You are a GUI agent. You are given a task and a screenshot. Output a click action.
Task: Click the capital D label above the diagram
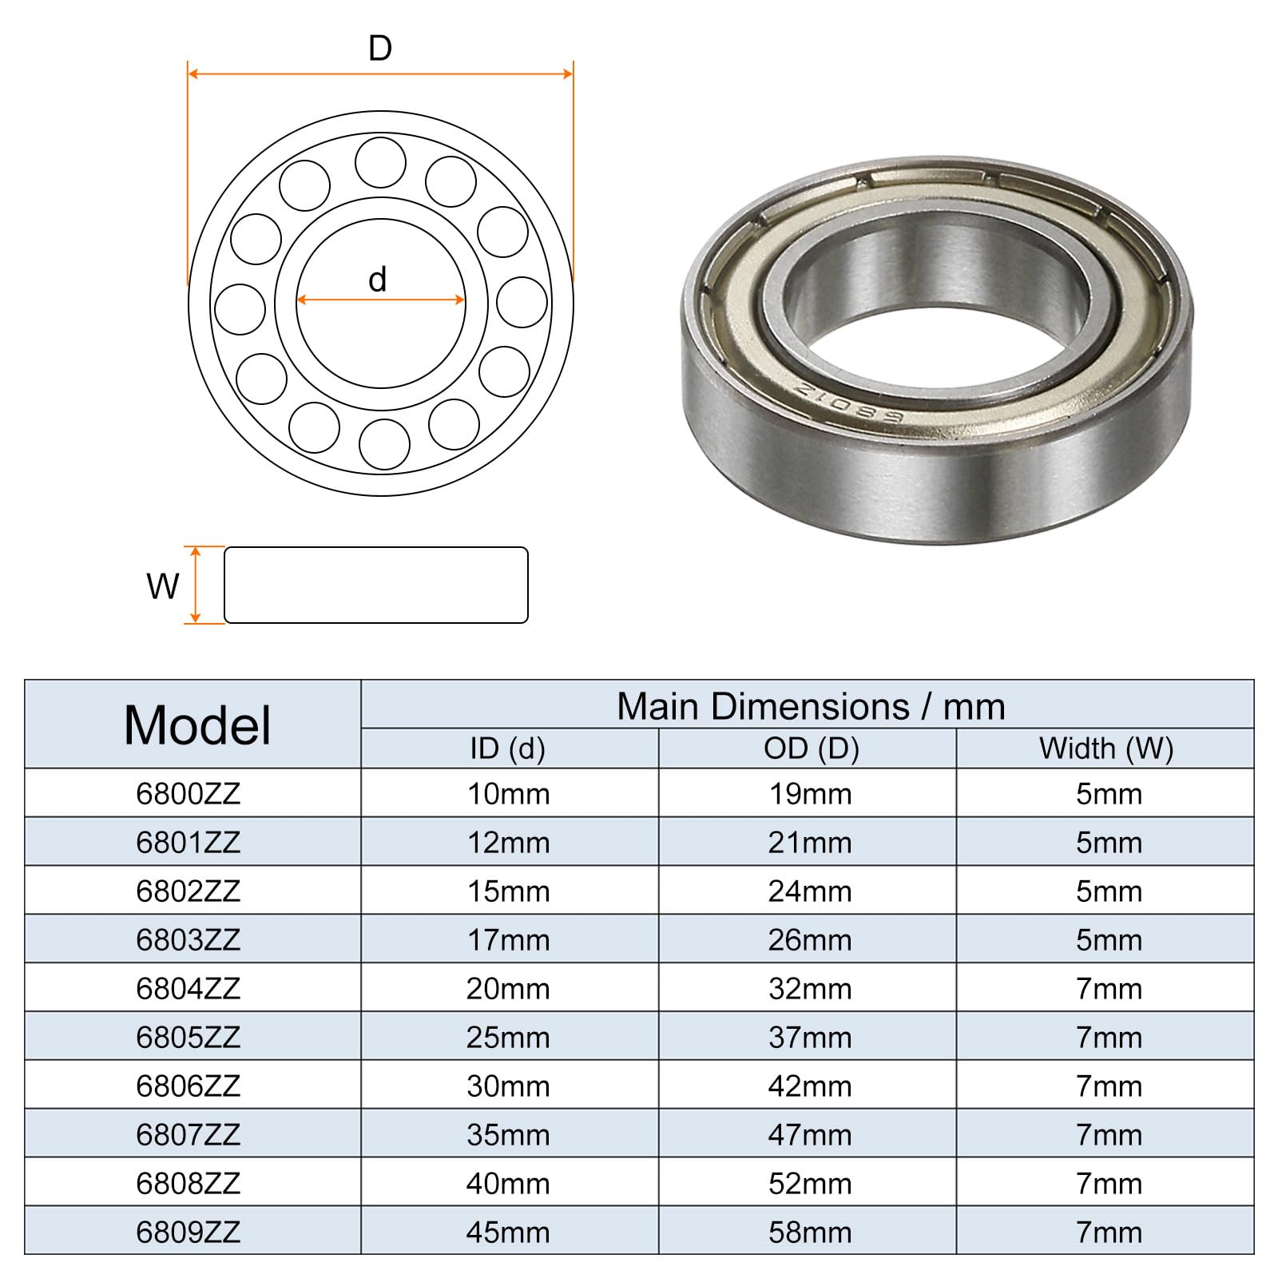coord(380,49)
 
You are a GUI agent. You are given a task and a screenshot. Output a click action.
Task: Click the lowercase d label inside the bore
coord(377,280)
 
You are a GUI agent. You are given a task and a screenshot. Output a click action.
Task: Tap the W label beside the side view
coord(163,586)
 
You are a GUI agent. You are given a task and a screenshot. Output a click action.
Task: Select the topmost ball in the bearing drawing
coord(380,162)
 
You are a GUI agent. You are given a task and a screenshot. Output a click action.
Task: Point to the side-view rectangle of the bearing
coord(375,585)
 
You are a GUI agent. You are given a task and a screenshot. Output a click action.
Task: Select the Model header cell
coord(196,725)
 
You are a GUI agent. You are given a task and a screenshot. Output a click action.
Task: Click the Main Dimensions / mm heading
coord(810,707)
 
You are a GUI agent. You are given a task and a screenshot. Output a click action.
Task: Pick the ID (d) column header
coord(508,749)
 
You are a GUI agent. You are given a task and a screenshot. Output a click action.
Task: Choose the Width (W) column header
coord(1106,749)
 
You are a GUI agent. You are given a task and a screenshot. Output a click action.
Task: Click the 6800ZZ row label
coord(189,794)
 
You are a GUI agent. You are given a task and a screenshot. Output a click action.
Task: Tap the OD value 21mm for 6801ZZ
coord(810,843)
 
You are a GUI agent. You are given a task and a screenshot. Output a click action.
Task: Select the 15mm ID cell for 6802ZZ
coord(508,891)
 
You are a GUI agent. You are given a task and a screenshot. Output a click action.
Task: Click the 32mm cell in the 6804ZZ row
coord(810,989)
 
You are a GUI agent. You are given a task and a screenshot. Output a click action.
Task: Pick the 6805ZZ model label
coord(189,1038)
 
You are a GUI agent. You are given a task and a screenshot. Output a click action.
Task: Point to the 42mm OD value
coord(810,1086)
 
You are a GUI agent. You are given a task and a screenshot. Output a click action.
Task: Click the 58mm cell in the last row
coord(810,1232)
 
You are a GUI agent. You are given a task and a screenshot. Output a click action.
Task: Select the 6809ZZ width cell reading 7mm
coord(1109,1232)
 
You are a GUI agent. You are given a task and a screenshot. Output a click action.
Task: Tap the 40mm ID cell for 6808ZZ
coord(508,1184)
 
